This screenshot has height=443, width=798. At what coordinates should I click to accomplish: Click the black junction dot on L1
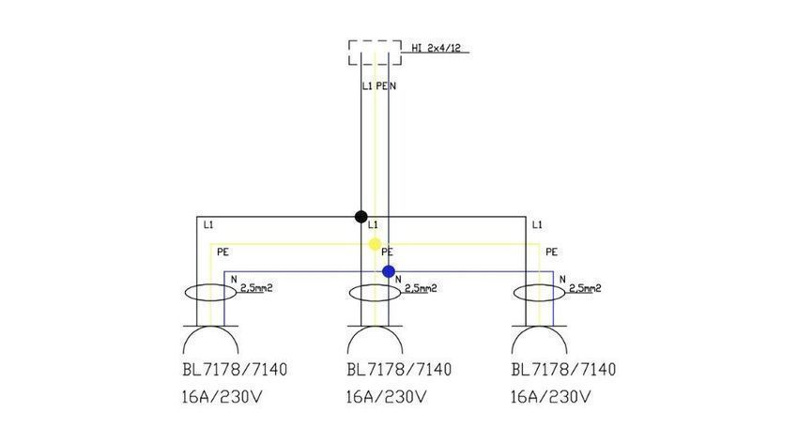[x=361, y=217]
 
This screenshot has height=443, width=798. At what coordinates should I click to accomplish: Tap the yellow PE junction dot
[x=375, y=244]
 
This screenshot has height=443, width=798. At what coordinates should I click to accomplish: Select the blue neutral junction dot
[x=389, y=271]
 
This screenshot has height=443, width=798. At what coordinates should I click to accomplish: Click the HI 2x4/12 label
[x=437, y=48]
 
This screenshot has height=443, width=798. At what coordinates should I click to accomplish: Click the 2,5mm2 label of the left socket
[x=256, y=288]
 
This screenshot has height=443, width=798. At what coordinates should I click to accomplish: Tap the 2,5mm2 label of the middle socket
[x=421, y=288]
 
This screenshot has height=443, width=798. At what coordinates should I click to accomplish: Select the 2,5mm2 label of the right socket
[x=585, y=288]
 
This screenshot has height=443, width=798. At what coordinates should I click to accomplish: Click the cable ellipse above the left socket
[x=209, y=301]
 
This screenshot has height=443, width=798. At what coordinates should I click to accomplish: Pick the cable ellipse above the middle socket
[x=376, y=301]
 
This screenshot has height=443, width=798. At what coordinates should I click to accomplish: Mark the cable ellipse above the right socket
[x=539, y=301]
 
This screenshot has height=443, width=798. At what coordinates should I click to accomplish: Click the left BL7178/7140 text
[x=235, y=369]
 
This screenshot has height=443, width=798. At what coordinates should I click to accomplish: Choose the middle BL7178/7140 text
[x=399, y=369]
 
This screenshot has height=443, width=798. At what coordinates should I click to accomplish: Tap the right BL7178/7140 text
[x=563, y=369]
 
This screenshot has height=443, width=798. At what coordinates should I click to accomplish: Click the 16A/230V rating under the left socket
[x=222, y=397]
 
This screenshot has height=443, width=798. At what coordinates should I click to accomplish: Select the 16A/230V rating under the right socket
[x=551, y=397]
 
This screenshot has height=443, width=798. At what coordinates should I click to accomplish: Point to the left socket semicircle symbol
[x=210, y=327]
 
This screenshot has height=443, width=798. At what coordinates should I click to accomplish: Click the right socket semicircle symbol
[x=539, y=327]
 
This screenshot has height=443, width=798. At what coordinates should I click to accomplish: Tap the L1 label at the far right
[x=537, y=225]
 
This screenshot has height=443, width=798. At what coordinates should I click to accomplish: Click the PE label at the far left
[x=223, y=252]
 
